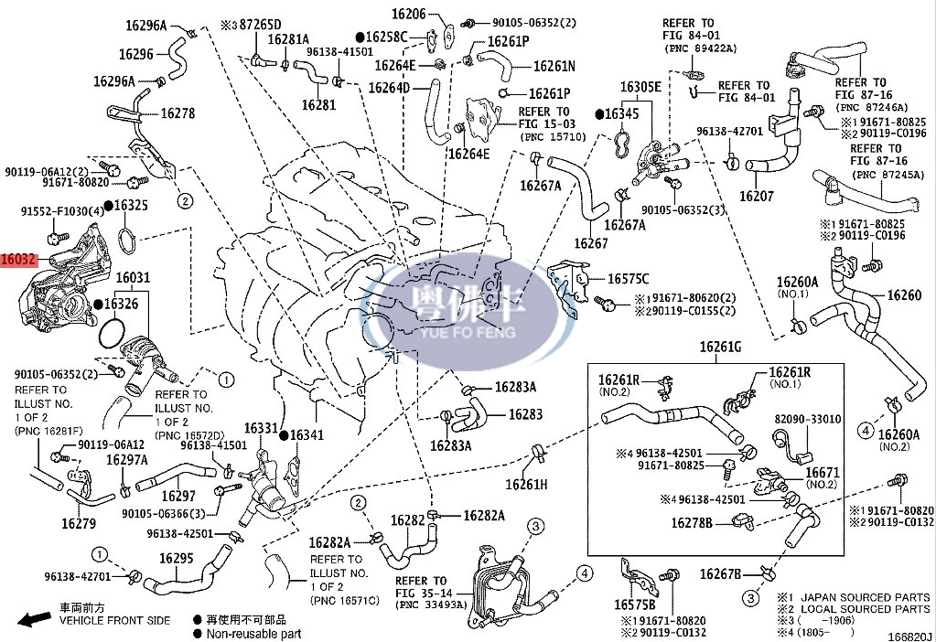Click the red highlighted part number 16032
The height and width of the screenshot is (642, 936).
(18, 260)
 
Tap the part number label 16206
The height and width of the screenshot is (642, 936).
(408, 14)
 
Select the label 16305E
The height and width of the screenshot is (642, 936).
(640, 87)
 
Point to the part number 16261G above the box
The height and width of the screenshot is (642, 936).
(720, 347)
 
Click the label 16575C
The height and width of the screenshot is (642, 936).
(628, 279)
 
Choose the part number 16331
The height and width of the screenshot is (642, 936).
(261, 428)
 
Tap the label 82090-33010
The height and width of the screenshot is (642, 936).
(808, 420)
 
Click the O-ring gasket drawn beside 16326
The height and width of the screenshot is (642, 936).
(112, 333)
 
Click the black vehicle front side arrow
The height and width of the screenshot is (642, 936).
(34, 619)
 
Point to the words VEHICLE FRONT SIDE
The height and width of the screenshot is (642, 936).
(114, 621)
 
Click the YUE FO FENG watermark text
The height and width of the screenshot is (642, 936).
(468, 331)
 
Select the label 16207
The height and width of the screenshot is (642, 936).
(757, 197)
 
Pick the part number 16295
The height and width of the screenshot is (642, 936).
(176, 559)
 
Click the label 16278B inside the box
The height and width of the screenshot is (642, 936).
(692, 523)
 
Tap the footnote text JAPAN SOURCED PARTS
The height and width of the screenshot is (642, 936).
(866, 597)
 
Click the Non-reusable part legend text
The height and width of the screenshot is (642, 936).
(253, 634)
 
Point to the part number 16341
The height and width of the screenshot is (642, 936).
(307, 435)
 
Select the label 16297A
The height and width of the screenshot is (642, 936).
(127, 460)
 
